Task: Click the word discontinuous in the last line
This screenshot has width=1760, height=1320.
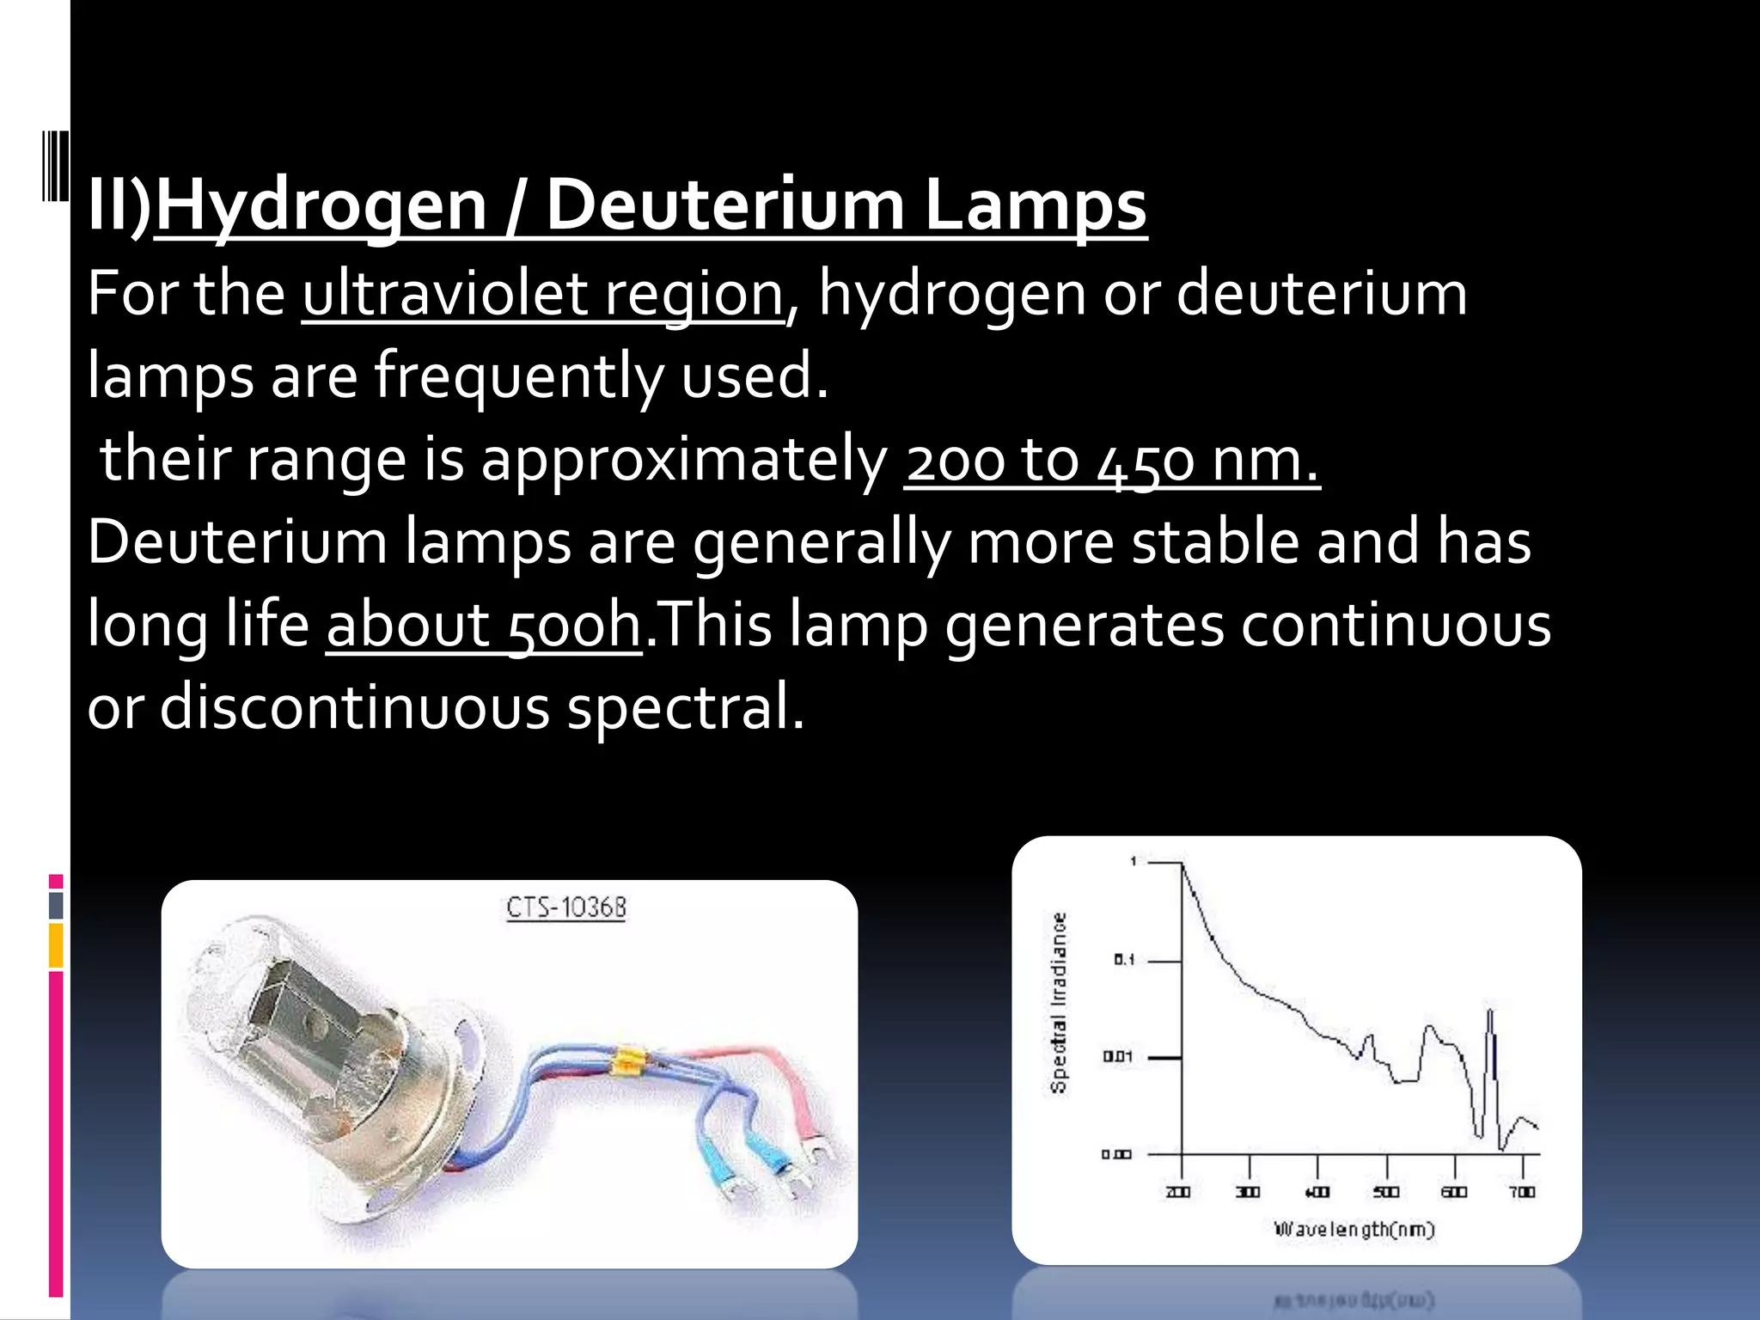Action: [x=354, y=708]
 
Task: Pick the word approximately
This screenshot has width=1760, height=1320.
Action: [x=683, y=461]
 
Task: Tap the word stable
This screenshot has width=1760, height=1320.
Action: [x=1215, y=543]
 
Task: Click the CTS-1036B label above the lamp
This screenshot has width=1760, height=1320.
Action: [x=566, y=907]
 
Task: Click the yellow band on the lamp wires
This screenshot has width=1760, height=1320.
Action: [x=625, y=1063]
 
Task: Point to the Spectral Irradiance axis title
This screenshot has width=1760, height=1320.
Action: [x=1059, y=1003]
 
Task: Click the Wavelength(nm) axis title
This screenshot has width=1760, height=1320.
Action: [x=1354, y=1229]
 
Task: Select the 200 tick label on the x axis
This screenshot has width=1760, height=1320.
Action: [x=1178, y=1192]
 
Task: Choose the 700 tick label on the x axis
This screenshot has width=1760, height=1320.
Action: [x=1522, y=1192]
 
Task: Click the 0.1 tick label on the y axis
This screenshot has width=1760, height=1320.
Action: [x=1124, y=960]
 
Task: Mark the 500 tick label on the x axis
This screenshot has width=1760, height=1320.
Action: [x=1385, y=1192]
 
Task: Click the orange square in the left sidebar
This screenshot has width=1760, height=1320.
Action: [x=56, y=945]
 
